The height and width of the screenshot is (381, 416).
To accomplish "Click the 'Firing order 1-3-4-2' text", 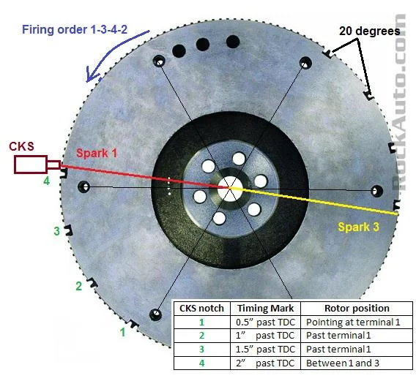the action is (75, 29).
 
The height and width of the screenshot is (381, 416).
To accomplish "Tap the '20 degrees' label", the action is (370, 31).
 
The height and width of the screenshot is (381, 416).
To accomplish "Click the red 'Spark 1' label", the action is (97, 153).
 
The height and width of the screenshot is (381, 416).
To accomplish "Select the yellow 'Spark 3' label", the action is (358, 227).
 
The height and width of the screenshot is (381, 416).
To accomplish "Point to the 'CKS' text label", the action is (22, 146).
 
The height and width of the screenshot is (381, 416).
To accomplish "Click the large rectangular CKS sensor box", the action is (31, 165).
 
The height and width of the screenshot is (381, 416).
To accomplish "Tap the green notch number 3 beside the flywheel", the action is (57, 231).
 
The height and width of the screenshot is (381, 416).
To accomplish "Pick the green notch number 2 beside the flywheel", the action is (79, 286).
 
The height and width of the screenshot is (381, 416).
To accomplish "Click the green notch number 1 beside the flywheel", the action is (122, 332).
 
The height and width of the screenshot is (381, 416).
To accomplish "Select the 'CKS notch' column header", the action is (201, 309).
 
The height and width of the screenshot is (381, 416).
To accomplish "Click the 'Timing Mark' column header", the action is (266, 309).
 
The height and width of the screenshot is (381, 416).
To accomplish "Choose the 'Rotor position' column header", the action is (357, 309).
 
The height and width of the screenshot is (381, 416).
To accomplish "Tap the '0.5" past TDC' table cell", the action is (266, 322).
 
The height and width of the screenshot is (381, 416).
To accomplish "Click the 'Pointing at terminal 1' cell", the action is (353, 322).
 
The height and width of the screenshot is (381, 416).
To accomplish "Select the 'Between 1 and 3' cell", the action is (343, 363).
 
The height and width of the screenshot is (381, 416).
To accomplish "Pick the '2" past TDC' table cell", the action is (265, 363).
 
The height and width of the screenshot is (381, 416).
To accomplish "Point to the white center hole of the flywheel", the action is (230, 188).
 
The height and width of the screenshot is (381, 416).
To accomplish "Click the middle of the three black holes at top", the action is (203, 45).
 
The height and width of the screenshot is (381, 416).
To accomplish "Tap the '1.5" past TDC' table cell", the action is (266, 350).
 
